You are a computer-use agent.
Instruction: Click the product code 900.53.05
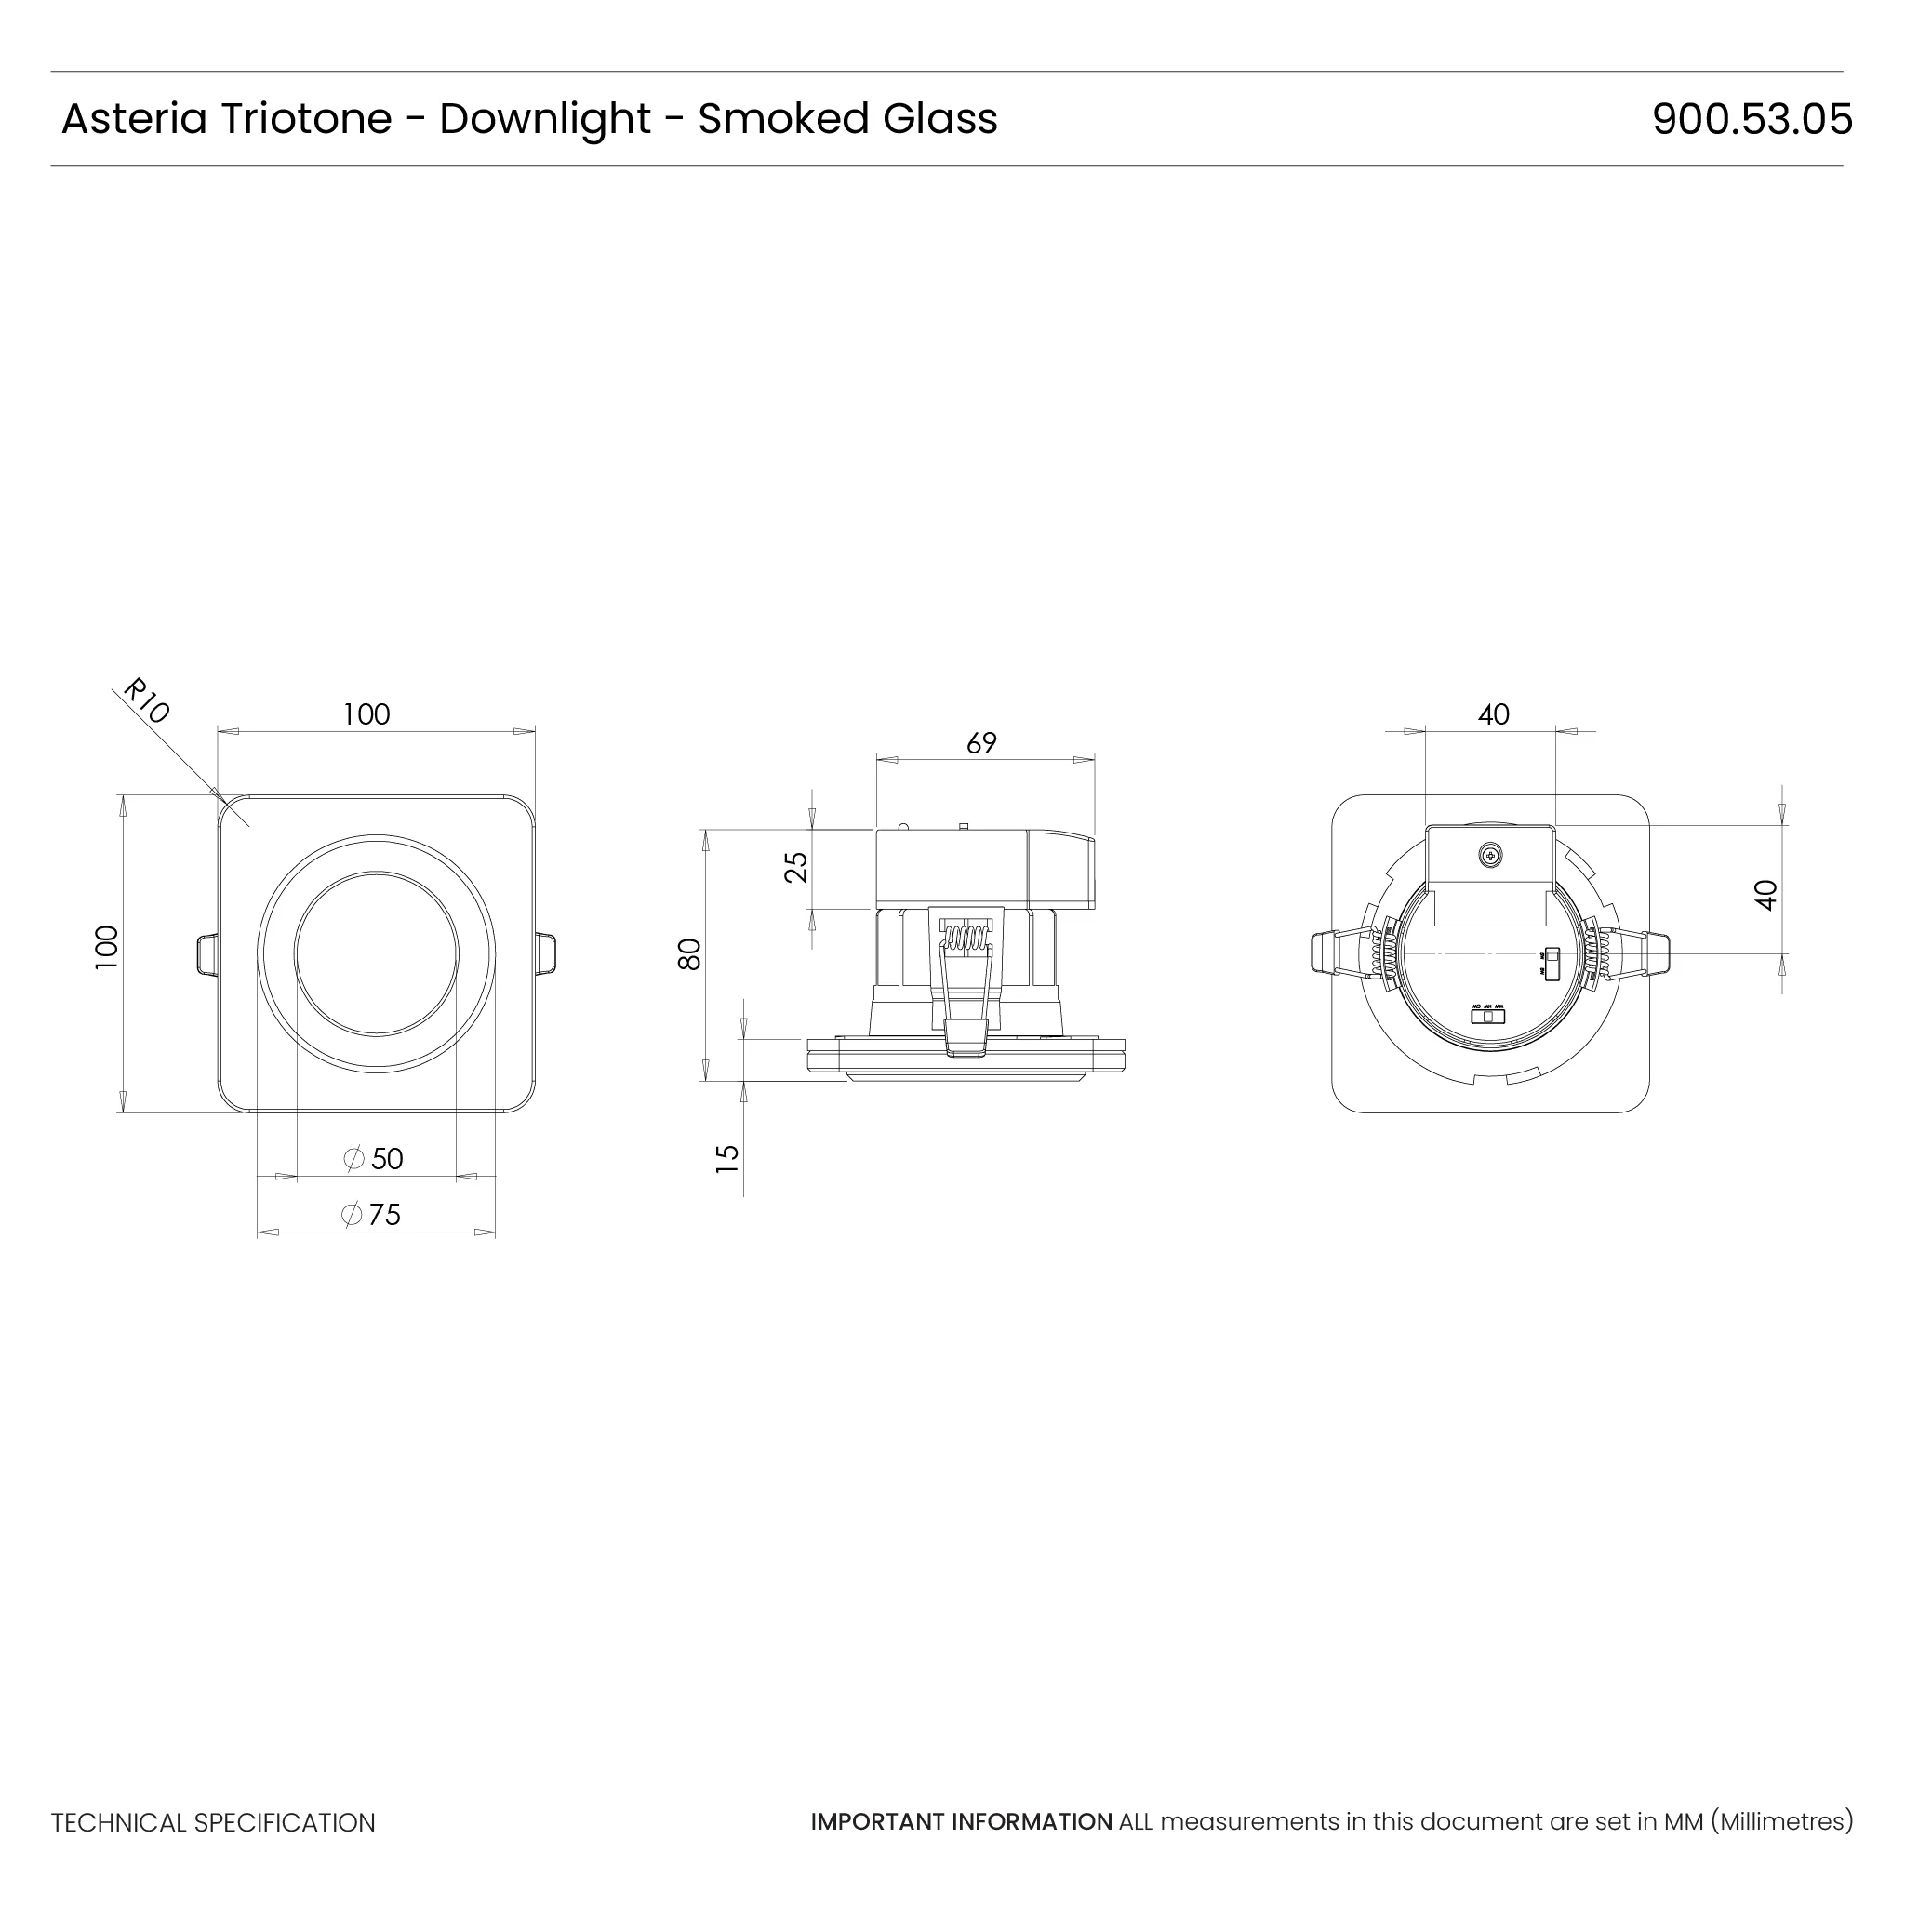[1752, 119]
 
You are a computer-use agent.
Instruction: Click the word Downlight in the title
[544, 119]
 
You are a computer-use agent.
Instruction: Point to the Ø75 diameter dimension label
[372, 1214]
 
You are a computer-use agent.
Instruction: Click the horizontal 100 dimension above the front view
[366, 713]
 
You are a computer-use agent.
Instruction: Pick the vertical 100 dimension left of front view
[106, 947]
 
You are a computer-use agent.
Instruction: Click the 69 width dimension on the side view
[981, 742]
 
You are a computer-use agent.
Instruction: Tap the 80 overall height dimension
[689, 953]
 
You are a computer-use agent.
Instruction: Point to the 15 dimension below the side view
[727, 1156]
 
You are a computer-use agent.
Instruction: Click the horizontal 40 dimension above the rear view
[1493, 713]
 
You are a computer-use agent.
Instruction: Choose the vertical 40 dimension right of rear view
[1766, 894]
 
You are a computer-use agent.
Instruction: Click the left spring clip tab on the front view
[206, 953]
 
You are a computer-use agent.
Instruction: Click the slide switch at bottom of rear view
[1488, 1017]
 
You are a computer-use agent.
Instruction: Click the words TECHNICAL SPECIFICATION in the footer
[213, 1822]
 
